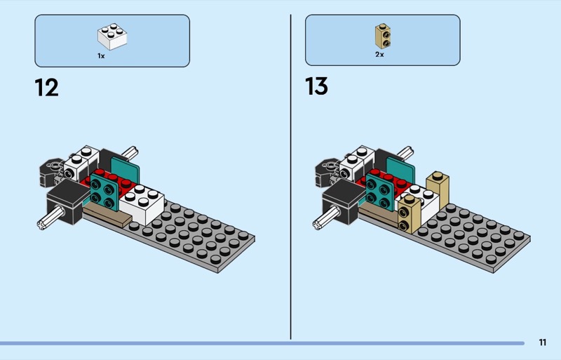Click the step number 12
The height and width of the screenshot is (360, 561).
46,88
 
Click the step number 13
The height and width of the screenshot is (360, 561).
316,87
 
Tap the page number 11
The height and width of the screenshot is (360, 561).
543,342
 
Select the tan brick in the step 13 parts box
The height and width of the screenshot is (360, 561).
381,34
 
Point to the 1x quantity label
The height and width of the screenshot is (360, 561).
101,55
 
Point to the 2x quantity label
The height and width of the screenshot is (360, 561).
379,54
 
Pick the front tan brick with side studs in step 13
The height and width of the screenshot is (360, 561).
410,212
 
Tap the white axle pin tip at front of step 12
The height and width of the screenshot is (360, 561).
41,225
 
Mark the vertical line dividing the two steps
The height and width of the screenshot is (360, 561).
290,175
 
